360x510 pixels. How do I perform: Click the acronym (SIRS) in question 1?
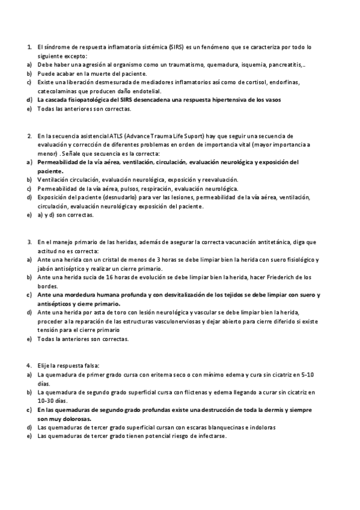(x=176, y=46)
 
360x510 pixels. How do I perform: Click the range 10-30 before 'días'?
(x=45, y=401)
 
